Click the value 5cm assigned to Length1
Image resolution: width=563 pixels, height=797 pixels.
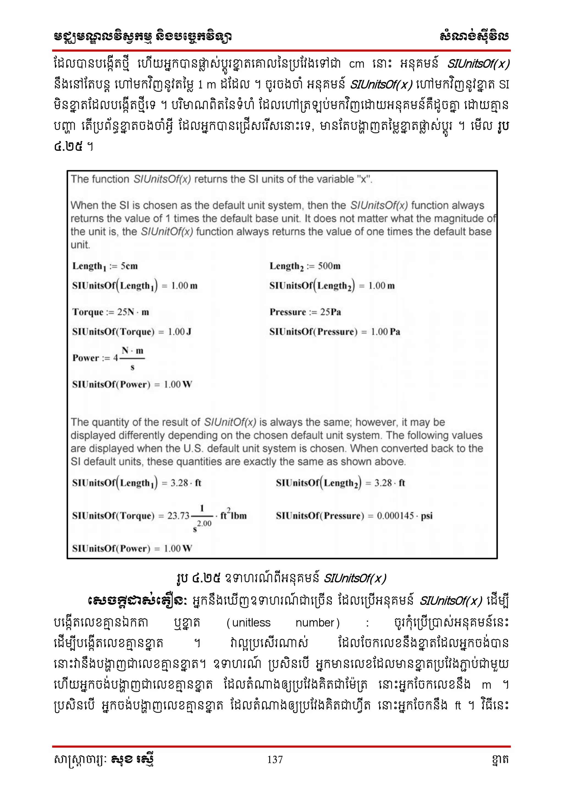click(x=129, y=266)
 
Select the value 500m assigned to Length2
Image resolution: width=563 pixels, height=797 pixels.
click(x=329, y=266)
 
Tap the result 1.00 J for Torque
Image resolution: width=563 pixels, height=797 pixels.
click(x=180, y=332)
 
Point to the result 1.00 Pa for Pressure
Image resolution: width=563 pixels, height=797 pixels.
click(x=385, y=332)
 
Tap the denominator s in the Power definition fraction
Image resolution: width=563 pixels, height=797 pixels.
click(x=133, y=367)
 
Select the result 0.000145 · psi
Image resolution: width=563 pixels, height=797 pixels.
click(x=405, y=516)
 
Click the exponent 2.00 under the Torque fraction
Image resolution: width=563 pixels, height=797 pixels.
click(x=204, y=523)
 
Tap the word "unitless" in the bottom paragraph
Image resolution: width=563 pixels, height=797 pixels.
click(x=251, y=623)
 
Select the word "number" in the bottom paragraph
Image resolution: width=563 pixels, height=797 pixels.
click(x=315, y=623)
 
